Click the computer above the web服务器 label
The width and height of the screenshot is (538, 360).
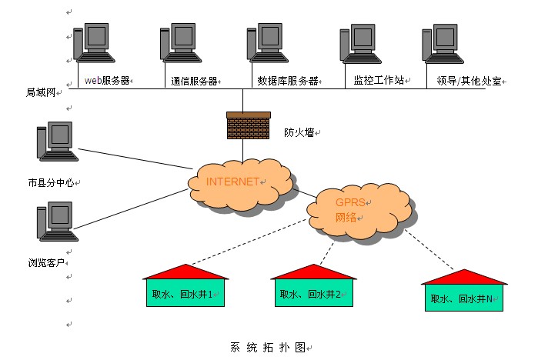95,45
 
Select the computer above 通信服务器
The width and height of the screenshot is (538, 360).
181,45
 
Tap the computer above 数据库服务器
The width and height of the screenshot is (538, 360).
267,45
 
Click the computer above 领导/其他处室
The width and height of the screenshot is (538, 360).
443,45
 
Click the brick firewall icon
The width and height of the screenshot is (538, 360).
249,125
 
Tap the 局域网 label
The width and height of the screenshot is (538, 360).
42,92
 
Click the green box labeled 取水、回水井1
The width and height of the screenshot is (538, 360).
185,293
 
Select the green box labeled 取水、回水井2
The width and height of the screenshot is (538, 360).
314,293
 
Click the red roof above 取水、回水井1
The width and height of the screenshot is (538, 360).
185,272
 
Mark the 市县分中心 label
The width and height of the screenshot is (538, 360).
49,183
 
